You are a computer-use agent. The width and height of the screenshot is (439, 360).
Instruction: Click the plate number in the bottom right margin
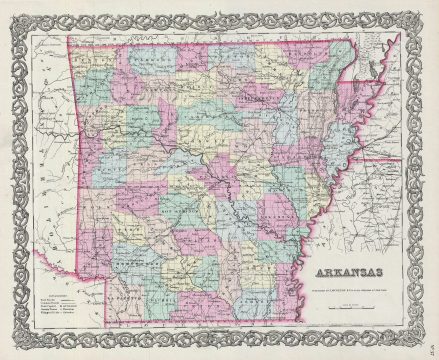click(427, 349)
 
